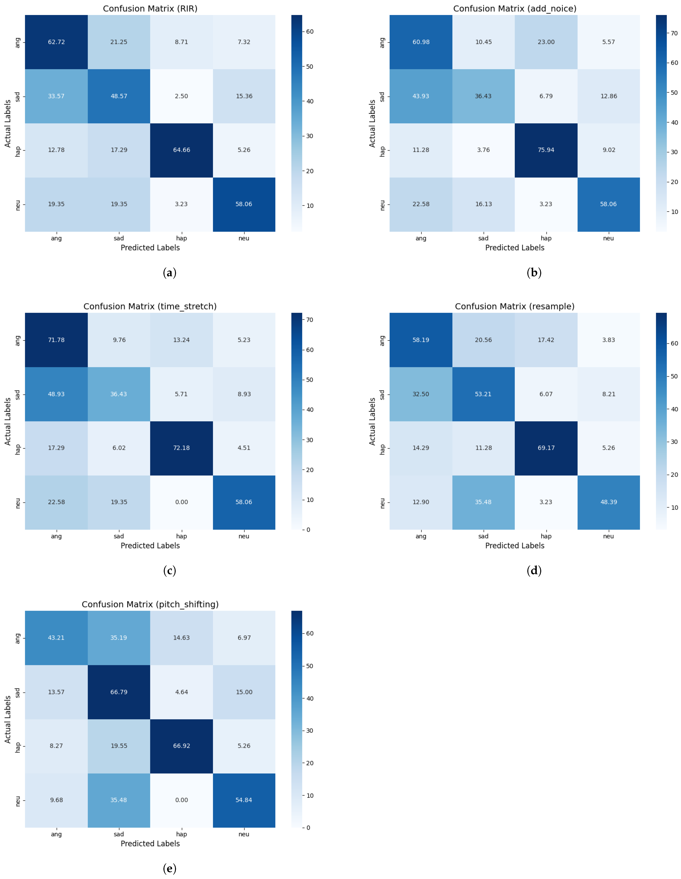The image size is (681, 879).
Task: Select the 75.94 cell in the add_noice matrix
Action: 546,150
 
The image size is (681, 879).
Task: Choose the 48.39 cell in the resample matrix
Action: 608,502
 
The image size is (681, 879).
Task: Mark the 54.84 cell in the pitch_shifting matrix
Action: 244,800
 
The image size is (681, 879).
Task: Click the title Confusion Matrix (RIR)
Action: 150,8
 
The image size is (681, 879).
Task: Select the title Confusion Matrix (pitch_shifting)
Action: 150,604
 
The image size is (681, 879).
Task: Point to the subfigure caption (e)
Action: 169,868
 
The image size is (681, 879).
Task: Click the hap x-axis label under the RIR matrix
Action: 181,238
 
